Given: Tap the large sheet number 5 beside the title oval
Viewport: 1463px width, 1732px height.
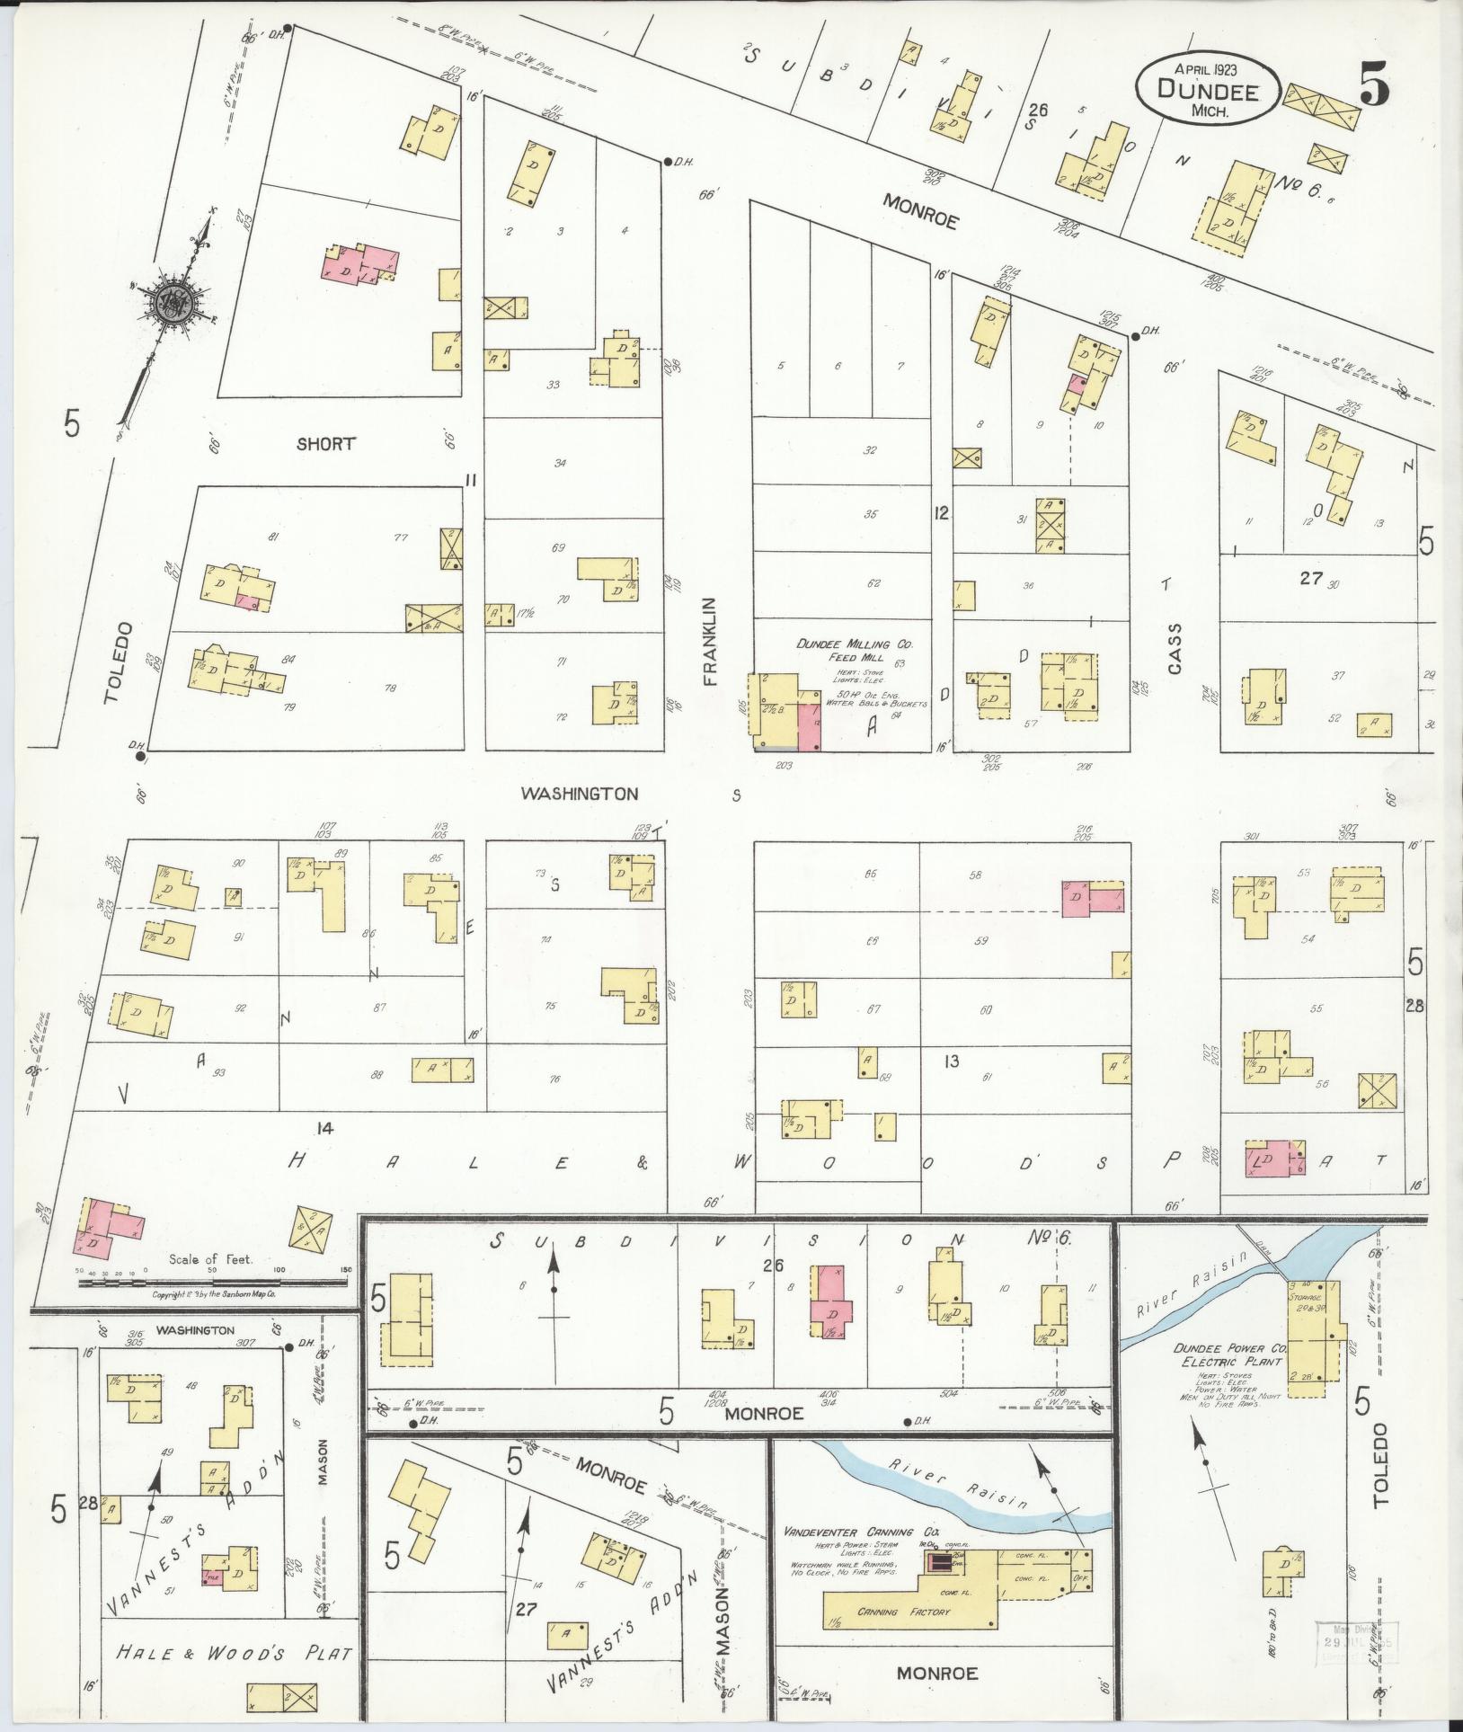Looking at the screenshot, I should tap(1373, 87).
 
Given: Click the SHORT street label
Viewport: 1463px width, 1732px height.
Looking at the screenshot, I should tap(326, 443).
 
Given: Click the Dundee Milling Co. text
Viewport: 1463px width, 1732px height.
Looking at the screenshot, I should tap(841, 644).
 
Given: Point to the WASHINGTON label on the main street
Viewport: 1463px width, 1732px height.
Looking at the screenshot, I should tap(581, 793).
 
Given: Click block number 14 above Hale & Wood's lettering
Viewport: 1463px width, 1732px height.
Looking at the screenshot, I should tap(324, 1128).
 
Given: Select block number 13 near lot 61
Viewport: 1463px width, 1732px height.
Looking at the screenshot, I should tap(951, 1061).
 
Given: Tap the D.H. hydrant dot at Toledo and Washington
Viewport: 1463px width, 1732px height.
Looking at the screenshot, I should tap(140, 756).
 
